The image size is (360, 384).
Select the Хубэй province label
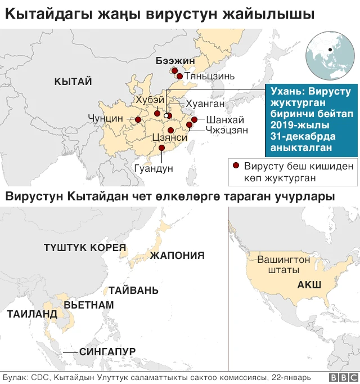pyautogui.click(x=150, y=99)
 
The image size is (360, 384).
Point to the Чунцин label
pyautogui.click(x=105, y=119)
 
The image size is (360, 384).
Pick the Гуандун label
pyautogui.click(x=154, y=168)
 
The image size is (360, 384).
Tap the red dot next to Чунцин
pyautogui.click(x=138, y=119)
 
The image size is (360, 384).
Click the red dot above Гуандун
pyautogui.click(x=162, y=148)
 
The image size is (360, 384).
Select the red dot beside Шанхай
pyautogui.click(x=195, y=119)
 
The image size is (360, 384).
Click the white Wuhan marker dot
pyautogui.click(x=166, y=115)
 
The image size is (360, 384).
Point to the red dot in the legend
pyautogui.click(x=236, y=166)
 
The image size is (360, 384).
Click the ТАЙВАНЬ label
pyautogui.click(x=130, y=291)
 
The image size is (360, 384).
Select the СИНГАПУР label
pyautogui.click(x=107, y=352)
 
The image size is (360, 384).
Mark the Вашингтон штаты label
pyautogui.click(x=283, y=265)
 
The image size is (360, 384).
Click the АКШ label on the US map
pyautogui.click(x=309, y=285)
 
